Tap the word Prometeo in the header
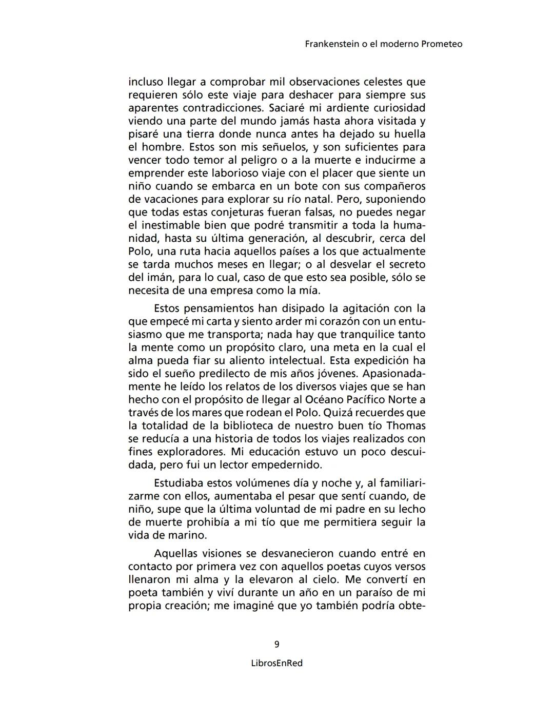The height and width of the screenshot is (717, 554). pos(442,44)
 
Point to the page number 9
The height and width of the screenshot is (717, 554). pos(277,644)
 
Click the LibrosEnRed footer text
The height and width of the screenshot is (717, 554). pos(277,663)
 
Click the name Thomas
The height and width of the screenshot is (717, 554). pos(406,425)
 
